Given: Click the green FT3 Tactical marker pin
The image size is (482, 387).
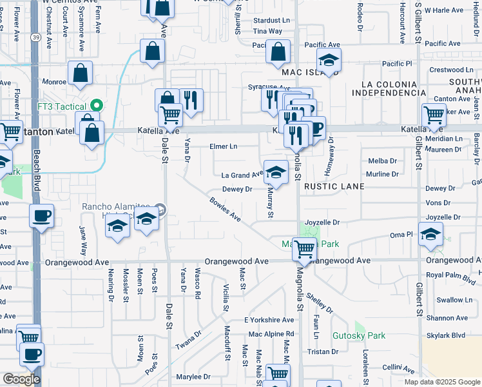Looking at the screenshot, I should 97,104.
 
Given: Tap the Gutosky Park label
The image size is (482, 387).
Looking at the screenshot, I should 358,335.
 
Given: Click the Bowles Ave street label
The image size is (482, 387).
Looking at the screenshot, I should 225,210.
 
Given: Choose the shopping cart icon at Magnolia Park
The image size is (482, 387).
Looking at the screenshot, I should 304,248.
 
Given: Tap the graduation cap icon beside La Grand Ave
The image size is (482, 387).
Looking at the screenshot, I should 275,172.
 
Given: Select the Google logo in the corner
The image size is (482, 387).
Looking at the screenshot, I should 21,379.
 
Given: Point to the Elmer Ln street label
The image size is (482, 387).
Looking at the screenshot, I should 224,146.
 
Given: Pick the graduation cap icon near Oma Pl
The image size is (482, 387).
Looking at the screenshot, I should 430,235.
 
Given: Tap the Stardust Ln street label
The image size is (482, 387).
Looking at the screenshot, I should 271,21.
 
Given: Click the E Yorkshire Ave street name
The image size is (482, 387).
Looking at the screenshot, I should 269,320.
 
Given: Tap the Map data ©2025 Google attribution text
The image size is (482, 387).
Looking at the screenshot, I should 441,382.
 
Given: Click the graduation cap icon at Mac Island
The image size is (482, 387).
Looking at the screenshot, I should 329,61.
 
